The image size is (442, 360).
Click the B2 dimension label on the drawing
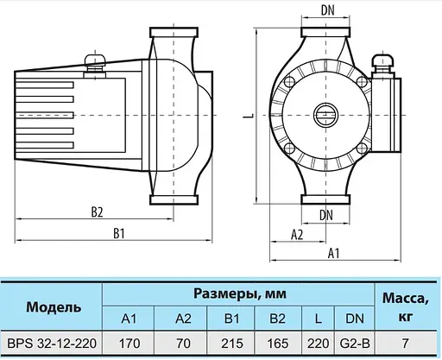tap(97, 212)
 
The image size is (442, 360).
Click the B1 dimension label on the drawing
tap(119, 233)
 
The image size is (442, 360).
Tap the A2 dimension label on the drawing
tap(297, 234)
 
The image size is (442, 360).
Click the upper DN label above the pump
tap(327, 11)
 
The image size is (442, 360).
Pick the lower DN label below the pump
tap(327, 214)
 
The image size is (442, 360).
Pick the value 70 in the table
tap(182, 344)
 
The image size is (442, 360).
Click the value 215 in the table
tap(232, 344)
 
